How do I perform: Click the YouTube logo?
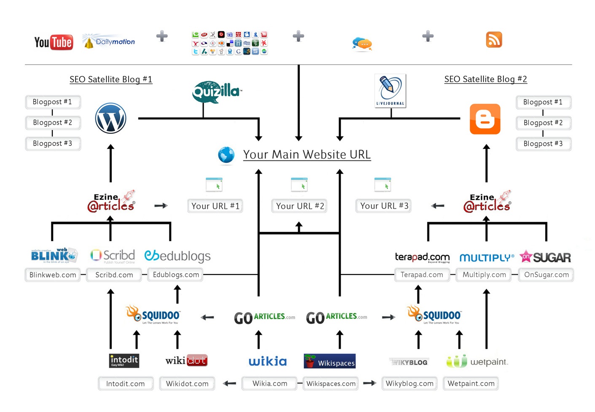click(54, 42)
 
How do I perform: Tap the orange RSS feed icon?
click(494, 40)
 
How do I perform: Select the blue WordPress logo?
click(110, 118)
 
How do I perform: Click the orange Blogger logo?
click(485, 119)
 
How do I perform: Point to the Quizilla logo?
click(216, 92)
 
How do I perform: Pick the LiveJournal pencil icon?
click(390, 90)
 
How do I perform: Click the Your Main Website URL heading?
click(307, 155)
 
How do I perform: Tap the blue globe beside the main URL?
click(226, 155)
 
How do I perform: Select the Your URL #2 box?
click(299, 206)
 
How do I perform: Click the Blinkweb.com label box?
click(53, 275)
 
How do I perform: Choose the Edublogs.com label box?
click(176, 275)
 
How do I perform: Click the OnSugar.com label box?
click(546, 275)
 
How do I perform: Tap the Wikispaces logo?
click(330, 361)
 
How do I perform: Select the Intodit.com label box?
click(125, 384)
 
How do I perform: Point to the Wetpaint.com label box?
click(471, 384)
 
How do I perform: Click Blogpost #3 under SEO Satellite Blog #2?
click(543, 144)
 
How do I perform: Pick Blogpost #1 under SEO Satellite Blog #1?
click(52, 102)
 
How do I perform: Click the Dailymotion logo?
click(109, 42)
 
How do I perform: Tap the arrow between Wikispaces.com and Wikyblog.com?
click(370, 383)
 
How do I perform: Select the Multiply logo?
click(487, 258)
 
